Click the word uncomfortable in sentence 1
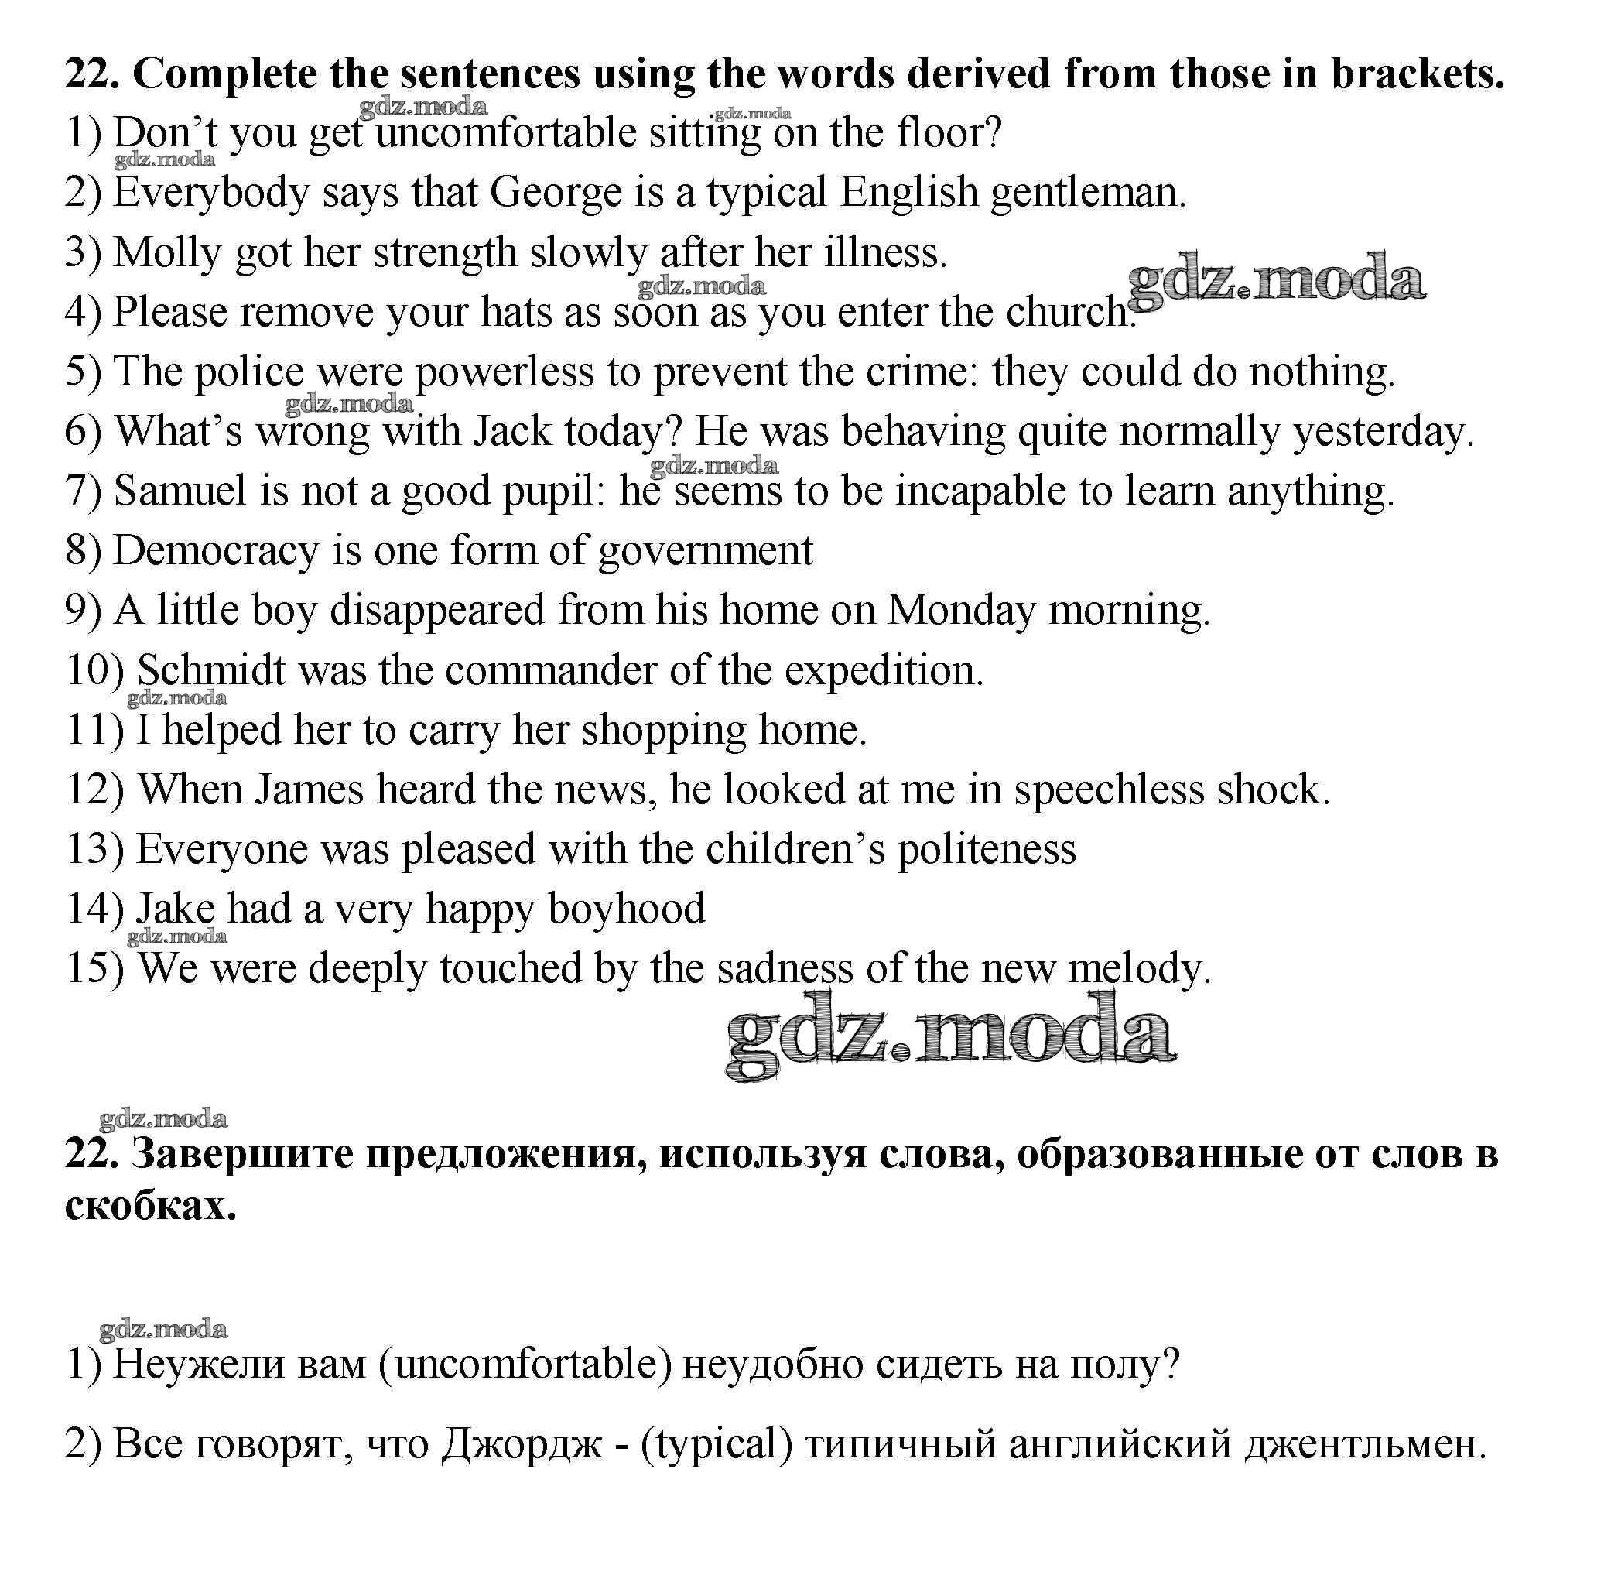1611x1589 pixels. coord(506,133)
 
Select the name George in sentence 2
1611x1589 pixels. coord(556,193)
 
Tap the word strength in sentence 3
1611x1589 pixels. coord(444,253)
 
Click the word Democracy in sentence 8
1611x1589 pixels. coord(216,551)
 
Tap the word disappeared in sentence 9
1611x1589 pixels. coord(437,611)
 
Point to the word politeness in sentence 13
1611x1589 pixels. coord(987,850)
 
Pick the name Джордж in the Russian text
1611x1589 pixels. coord(522,1443)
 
